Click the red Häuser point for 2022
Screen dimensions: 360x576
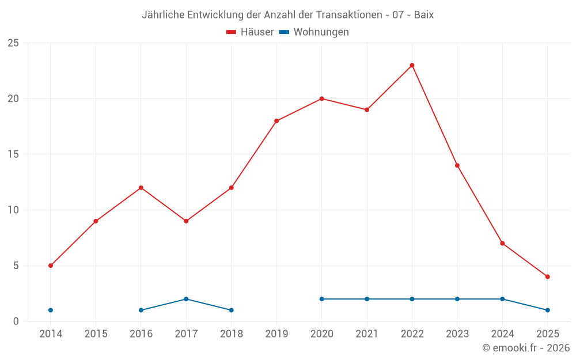[412, 65]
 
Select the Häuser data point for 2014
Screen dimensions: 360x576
[51, 266]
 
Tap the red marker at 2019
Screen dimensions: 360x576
[276, 121]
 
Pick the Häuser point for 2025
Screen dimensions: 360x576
[547, 276]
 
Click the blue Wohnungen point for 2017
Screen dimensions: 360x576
[186, 299]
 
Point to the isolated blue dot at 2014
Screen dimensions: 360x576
[51, 310]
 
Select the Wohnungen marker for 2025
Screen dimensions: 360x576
[547, 310]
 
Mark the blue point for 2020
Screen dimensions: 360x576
[321, 299]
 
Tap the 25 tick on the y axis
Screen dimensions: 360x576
[13, 43]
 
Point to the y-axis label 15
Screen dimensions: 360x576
[13, 154]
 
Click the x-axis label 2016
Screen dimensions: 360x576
[141, 334]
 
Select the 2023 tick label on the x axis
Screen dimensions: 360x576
[457, 334]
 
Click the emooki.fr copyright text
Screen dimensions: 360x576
[525, 348]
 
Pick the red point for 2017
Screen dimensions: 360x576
[186, 221]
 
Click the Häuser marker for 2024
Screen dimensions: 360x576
[502, 243]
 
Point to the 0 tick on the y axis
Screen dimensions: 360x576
[16, 321]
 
